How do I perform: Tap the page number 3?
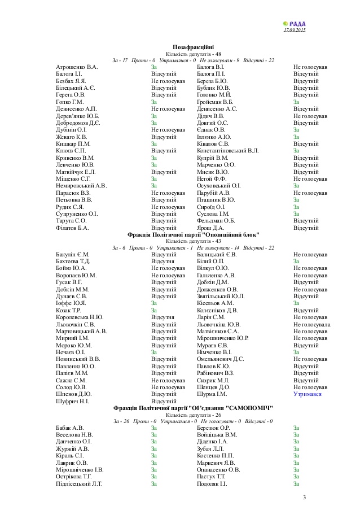[304, 497]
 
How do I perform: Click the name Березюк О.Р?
[213, 428]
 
